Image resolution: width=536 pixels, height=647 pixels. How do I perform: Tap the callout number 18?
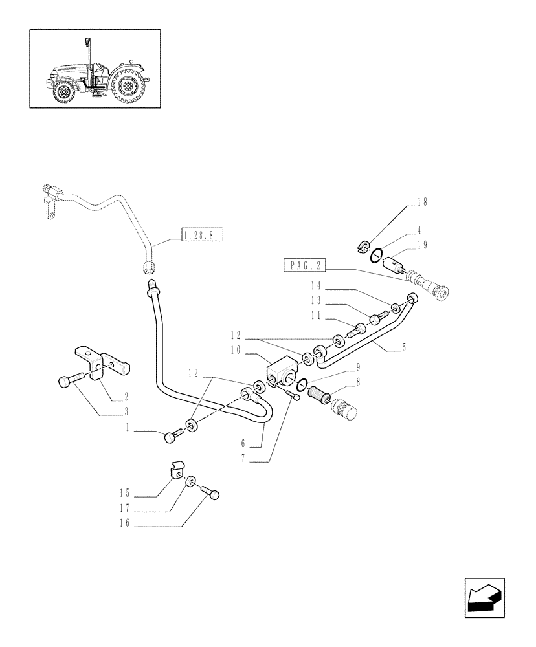click(422, 202)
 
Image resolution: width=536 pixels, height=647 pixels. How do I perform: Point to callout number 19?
click(422, 245)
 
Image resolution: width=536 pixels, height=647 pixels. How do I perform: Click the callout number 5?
click(404, 347)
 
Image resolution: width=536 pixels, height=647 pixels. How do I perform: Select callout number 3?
click(125, 411)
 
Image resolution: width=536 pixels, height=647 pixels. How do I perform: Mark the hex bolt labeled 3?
click(68, 382)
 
